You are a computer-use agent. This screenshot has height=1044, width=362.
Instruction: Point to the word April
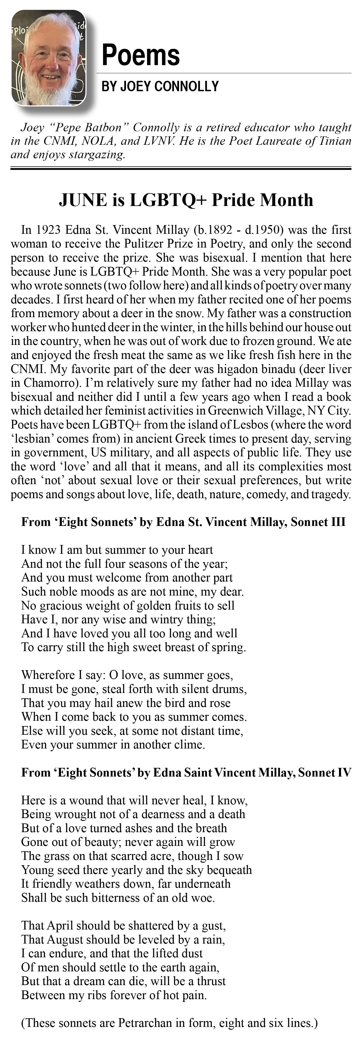pos(60,926)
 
